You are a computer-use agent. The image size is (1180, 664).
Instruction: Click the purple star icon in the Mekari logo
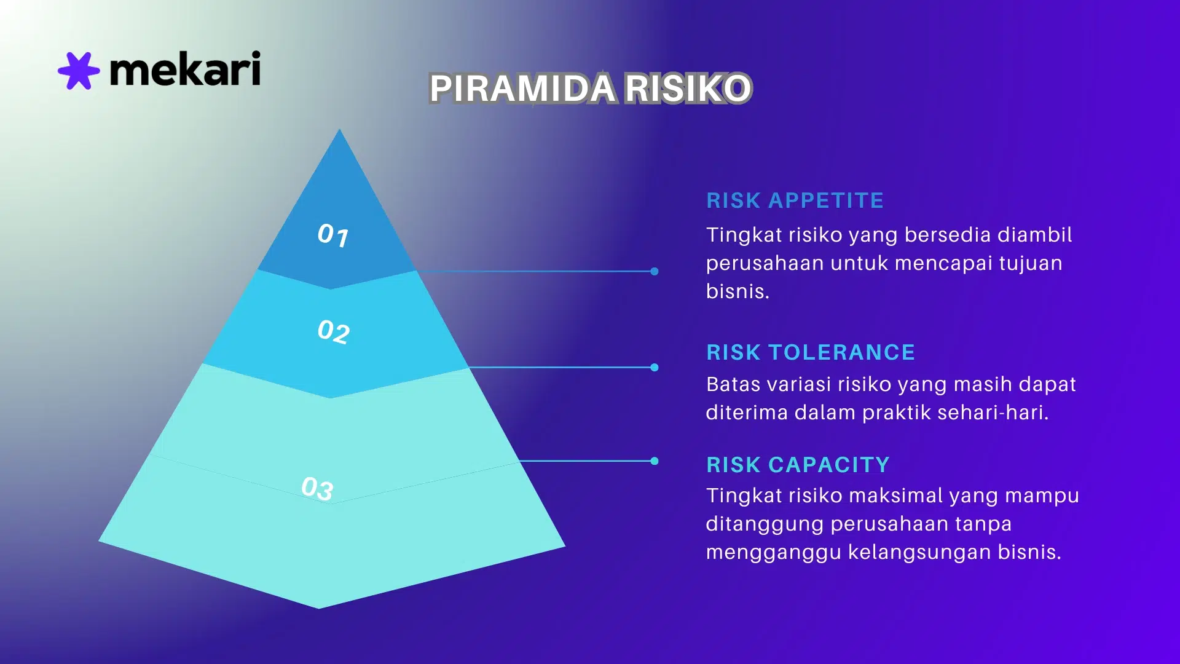[79, 71]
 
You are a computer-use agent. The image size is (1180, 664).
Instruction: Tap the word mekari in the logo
[185, 69]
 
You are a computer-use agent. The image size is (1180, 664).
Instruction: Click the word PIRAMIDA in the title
[522, 88]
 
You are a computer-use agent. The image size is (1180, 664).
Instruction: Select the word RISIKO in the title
[688, 88]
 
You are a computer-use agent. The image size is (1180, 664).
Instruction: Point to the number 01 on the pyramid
[333, 235]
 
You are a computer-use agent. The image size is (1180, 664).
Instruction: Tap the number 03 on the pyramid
[317, 488]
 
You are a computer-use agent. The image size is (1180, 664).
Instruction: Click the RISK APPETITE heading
[795, 200]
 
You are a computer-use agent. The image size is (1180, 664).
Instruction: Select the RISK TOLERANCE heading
[811, 352]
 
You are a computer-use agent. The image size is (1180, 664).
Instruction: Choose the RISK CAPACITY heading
[798, 465]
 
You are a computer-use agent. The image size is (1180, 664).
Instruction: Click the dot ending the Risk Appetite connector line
[655, 271]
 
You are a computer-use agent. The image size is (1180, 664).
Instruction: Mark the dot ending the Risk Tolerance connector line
[655, 368]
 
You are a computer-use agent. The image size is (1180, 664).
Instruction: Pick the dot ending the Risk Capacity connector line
[655, 461]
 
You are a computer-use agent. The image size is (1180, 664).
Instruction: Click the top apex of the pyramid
[339, 131]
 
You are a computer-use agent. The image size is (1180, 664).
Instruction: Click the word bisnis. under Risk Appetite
[737, 291]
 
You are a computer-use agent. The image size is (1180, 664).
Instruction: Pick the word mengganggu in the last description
[773, 552]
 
